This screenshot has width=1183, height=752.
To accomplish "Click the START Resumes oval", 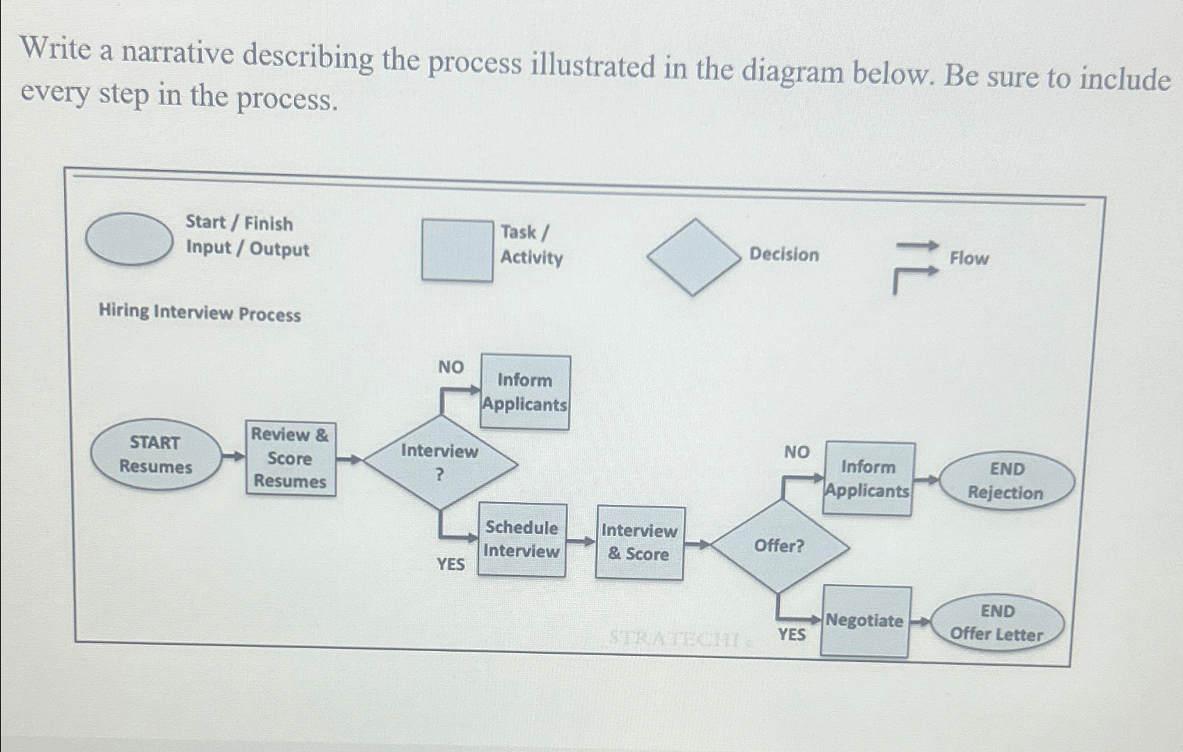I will tap(155, 455).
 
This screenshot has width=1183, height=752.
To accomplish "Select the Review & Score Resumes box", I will tap(290, 458).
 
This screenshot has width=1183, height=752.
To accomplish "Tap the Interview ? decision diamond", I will tap(439, 462).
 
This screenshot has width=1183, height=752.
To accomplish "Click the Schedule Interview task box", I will tap(522, 540).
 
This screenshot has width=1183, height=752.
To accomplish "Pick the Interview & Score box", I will tap(639, 542).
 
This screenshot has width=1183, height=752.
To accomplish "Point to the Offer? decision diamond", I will tap(779, 547).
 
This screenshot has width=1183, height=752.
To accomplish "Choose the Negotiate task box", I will tap(865, 621).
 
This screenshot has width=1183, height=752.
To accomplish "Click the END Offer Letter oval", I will tap(997, 622).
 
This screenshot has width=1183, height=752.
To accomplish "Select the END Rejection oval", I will tap(1007, 481).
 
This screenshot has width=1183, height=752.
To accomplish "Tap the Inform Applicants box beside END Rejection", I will tap(868, 479).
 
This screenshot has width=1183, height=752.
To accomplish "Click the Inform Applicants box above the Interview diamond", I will tap(525, 392).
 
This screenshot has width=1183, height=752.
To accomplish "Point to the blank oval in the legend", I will tap(130, 239).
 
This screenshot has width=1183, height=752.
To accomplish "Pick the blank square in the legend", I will tap(457, 251).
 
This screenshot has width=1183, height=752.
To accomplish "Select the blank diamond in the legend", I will tap(694, 257).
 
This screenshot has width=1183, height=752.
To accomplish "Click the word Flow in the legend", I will tap(969, 258).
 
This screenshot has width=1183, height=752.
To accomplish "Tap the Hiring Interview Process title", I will tap(200, 313).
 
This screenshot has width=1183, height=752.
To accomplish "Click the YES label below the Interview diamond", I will tap(451, 563).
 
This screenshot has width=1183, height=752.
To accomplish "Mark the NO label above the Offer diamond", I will tap(797, 453).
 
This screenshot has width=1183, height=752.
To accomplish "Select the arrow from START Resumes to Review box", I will tap(233, 457).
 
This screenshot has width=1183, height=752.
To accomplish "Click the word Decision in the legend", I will tap(784, 255).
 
